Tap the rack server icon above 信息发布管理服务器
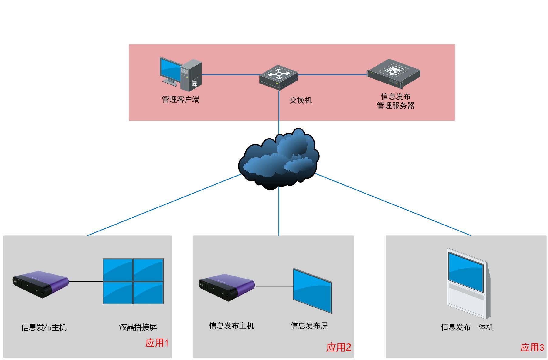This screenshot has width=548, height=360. coord(393,73)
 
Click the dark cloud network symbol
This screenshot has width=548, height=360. coord(278,159)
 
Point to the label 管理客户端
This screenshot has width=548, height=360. coord(181,99)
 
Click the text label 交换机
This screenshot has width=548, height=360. coord(300,100)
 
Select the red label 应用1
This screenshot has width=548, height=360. coord(157,343)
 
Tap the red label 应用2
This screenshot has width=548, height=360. coord(339,347)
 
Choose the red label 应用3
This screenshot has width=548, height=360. coord(532,347)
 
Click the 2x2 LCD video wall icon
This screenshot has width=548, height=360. coord(133,281)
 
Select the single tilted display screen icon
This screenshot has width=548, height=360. coord(312,290)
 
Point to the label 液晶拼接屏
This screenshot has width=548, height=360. coord(138,327)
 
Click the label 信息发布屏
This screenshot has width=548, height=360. coord(309,326)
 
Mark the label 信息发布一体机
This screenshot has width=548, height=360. coord(467,327)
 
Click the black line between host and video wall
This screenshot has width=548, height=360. coord(86,282)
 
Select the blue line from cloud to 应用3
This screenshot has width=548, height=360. coord(395,205)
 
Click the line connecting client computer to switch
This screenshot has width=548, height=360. coord(231,75)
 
